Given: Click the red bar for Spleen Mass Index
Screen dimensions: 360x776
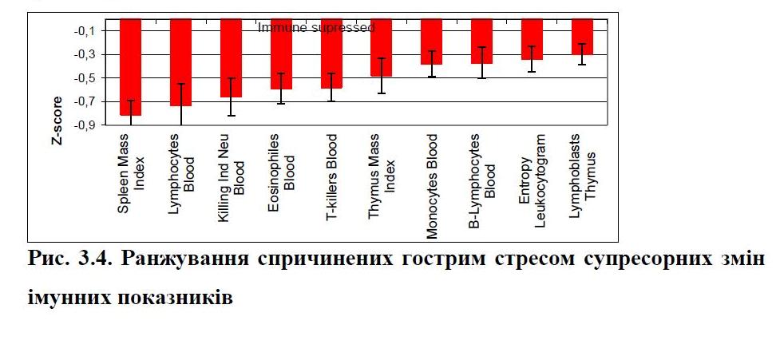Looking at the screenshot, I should [x=130, y=67].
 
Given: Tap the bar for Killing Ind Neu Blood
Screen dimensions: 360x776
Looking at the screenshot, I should [x=231, y=57].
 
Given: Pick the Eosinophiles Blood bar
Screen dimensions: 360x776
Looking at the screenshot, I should [x=281, y=53].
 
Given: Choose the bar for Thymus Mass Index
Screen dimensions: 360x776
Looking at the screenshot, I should [x=382, y=47].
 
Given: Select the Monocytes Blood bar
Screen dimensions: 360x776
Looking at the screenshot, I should [x=432, y=42].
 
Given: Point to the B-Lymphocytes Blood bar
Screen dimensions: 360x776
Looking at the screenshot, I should [x=482, y=41].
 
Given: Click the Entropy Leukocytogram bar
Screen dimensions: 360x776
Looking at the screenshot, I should [x=532, y=39].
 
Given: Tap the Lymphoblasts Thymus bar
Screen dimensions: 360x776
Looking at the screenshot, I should [x=582, y=37].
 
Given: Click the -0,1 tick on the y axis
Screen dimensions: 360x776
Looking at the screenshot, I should [x=85, y=31].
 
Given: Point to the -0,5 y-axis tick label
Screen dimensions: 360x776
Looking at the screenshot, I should [x=85, y=78].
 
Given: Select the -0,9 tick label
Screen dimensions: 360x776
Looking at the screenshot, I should [x=85, y=125].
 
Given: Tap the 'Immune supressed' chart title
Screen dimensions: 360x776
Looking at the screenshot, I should [x=315, y=27].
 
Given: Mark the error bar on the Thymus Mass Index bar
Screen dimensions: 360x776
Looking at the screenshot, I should [x=382, y=76].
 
